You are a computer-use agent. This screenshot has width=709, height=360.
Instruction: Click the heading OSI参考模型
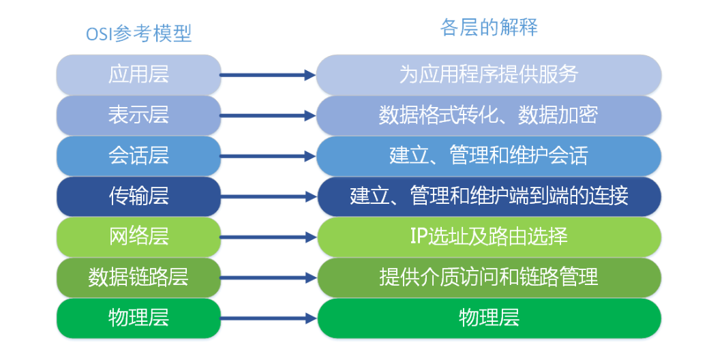pos(139,34)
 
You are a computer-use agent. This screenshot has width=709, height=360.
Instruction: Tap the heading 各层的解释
pos(489,27)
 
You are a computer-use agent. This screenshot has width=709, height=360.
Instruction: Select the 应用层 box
pos(139,74)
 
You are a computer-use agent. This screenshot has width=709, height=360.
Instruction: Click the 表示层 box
pos(139,115)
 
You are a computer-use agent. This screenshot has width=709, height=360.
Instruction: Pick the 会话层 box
pos(139,156)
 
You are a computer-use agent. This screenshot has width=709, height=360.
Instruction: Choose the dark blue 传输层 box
pos(139,196)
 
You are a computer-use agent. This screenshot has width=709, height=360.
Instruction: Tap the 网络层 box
pos(139,237)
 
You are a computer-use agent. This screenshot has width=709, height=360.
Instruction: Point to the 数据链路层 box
pos(139,277)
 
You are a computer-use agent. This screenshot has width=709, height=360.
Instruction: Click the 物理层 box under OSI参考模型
pos(139,318)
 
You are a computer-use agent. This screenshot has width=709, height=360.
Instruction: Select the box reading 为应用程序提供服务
pos(489,74)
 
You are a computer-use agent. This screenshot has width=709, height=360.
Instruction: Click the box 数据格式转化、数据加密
pos(489,115)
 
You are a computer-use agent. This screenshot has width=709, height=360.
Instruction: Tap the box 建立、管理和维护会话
pos(489,156)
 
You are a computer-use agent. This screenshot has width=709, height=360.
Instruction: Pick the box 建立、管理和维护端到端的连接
pos(489,196)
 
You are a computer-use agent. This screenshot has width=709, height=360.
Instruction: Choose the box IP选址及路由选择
pos(489,237)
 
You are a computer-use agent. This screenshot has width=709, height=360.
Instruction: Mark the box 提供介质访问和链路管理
pos(489,277)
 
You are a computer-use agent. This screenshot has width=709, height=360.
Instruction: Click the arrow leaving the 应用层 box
pos(268,75)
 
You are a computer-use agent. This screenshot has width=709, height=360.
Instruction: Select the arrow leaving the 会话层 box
pos(268,157)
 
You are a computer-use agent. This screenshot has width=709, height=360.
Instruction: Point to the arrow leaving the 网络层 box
pos(268,237)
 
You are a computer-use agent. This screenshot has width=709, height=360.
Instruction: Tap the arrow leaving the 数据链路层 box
pos(268,278)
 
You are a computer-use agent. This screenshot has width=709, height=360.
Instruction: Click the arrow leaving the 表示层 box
pos(268,116)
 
